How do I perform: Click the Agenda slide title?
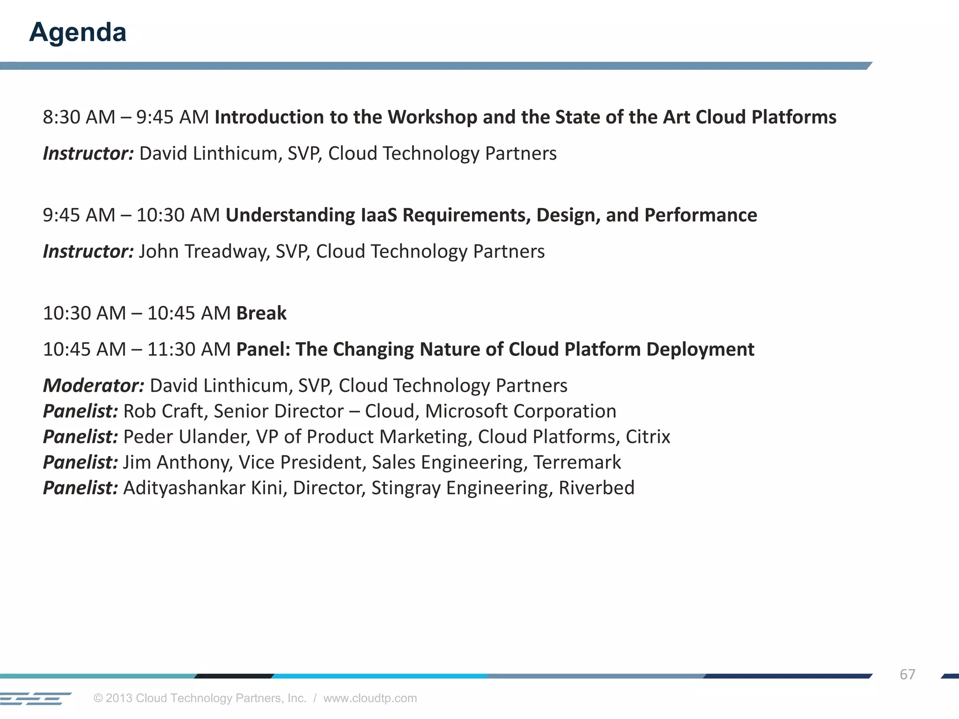pos(78,32)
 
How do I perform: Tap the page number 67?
pos(907,674)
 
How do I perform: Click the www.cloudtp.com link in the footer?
pos(370,698)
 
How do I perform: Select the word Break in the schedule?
pos(261,313)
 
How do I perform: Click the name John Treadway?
pos(204,252)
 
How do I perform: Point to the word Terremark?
pos(577,462)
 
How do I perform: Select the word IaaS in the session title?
pos(379,215)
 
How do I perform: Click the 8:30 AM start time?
pos(79,117)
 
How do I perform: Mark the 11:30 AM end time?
pos(189,350)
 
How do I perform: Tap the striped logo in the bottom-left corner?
pos(35,698)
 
